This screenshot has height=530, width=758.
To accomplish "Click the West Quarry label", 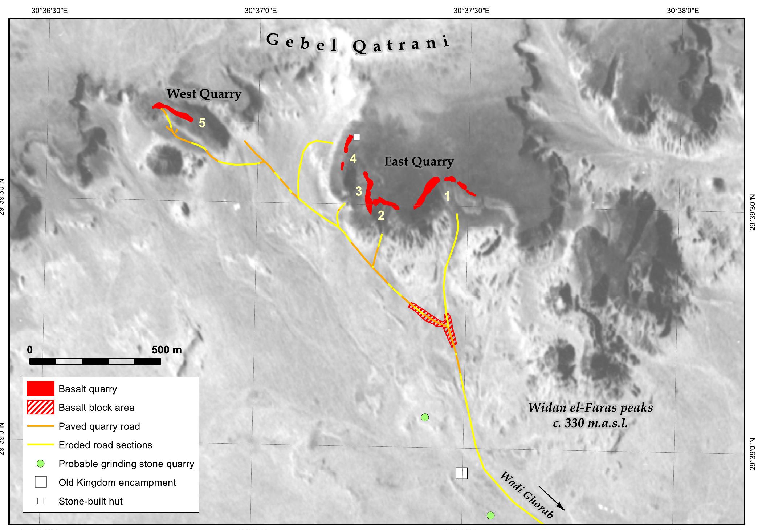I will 204,94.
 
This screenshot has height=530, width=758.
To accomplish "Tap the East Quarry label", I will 419,161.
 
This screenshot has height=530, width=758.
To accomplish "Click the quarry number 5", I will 202,123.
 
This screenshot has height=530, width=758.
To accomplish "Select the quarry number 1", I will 447,196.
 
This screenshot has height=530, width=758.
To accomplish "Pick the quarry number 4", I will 353,159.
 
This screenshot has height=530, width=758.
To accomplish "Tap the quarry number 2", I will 381,215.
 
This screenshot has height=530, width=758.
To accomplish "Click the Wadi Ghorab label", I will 527,494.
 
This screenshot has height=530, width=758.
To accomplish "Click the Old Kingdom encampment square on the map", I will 461,473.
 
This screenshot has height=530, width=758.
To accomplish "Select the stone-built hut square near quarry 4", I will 356,137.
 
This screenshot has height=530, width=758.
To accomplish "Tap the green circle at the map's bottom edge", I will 490,515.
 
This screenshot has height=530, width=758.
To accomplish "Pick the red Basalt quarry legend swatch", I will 40,388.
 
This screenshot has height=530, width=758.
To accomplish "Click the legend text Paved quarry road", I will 99,426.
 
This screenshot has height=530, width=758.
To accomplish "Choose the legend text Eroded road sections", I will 105,445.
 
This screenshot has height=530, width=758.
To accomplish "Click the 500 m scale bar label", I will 167,350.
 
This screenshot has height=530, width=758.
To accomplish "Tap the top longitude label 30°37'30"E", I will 471,11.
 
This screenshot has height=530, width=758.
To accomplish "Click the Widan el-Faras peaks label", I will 590,408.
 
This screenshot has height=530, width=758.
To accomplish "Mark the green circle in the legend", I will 41,464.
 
